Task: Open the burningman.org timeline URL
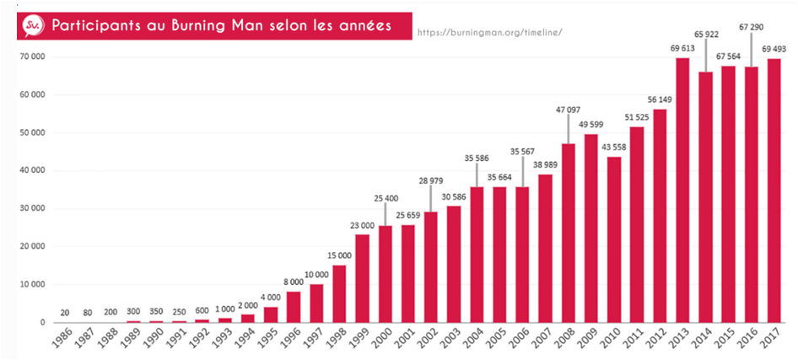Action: [x=489, y=33]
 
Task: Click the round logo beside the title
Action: [x=32, y=26]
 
